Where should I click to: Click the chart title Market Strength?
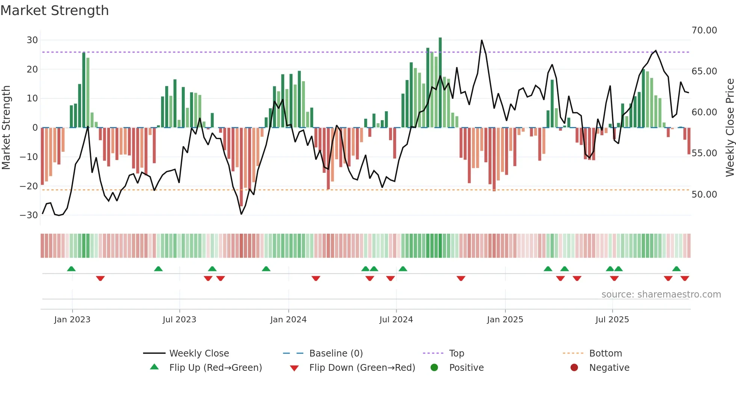point(55,11)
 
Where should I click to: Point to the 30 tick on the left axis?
point(32,40)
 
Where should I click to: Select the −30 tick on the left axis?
point(29,215)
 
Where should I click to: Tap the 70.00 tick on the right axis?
point(704,30)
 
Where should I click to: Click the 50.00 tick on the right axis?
point(704,195)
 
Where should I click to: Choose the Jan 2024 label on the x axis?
point(288,320)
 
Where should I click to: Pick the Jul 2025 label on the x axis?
point(612,320)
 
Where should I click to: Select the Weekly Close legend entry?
point(199,354)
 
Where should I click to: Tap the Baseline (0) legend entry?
point(336,354)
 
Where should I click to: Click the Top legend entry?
point(456,354)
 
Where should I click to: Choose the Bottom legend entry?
point(605,354)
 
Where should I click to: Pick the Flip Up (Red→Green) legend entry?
point(215,368)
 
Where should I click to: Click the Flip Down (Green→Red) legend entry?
point(362,368)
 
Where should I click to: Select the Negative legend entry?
point(609,368)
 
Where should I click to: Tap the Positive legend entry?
point(466,368)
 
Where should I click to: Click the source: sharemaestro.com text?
point(661,295)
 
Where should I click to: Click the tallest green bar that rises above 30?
point(440,83)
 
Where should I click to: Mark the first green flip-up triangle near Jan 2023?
point(71,269)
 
